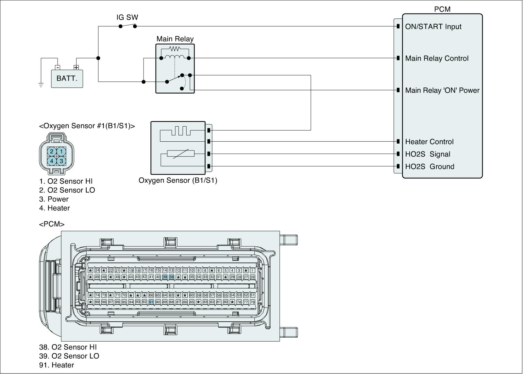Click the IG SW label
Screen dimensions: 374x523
click(127, 17)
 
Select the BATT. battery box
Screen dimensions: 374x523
click(67, 79)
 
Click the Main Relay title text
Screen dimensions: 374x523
click(175, 39)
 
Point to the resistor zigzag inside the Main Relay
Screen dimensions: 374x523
click(175, 49)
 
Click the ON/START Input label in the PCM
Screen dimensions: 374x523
click(433, 27)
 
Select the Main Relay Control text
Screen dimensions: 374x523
click(437, 58)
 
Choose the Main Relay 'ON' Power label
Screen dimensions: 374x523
click(442, 90)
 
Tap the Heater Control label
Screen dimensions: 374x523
click(429, 142)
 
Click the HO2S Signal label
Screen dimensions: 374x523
click(428, 154)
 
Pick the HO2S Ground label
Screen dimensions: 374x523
click(430, 167)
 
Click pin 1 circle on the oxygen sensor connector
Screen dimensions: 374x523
click(61, 151)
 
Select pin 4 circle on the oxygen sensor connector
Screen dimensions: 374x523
click(52, 161)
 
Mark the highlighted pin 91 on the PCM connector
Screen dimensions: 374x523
click(151, 302)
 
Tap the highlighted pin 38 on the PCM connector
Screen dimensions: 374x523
click(171, 277)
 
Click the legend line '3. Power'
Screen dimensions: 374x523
click(54, 199)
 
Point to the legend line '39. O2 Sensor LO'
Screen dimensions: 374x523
click(69, 356)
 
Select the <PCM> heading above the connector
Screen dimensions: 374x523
click(52, 224)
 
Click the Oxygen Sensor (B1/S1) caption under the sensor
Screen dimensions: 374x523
click(178, 180)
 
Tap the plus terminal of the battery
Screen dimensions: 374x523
click(76, 68)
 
